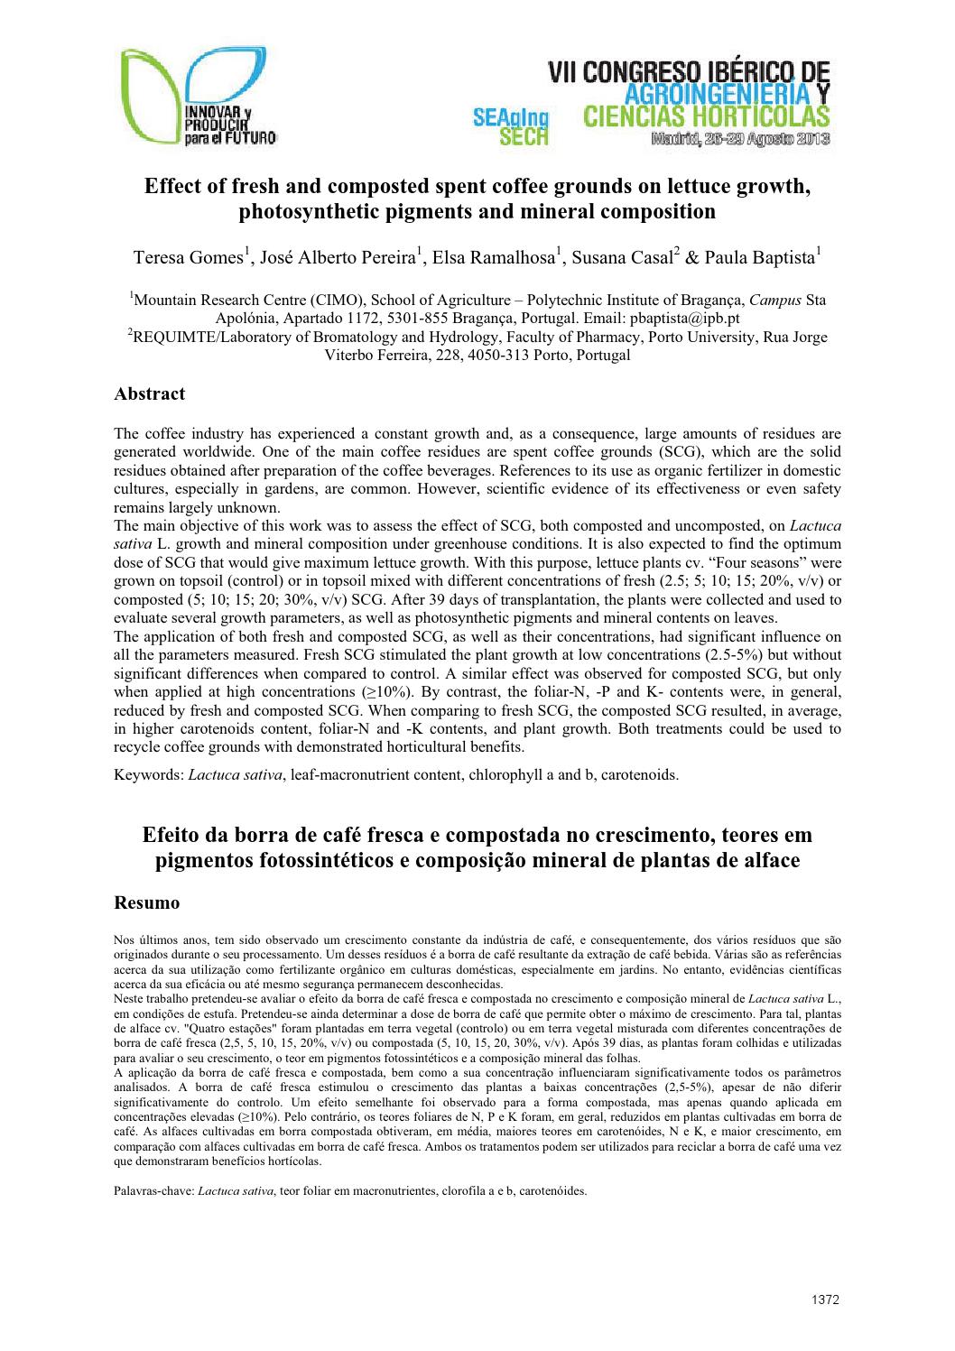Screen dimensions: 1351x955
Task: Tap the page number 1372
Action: point(826,1300)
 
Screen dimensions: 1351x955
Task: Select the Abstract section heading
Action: point(150,393)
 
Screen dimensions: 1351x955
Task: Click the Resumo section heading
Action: point(147,902)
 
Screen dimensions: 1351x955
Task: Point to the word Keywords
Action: point(147,774)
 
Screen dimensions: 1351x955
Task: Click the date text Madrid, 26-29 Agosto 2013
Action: point(738,140)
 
